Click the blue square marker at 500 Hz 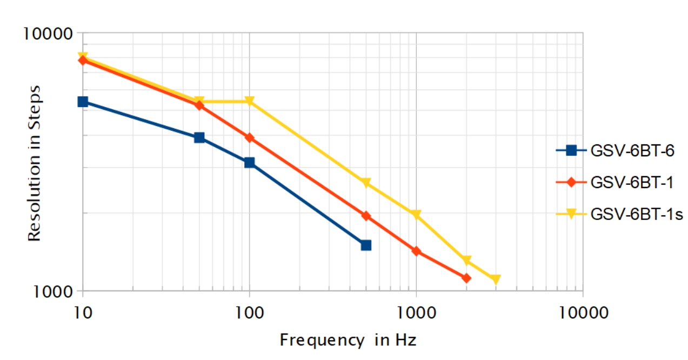[x=366, y=245]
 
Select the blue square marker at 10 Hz [x=83, y=102]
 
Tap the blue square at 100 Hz [x=249, y=163]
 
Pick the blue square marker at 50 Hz [x=199, y=138]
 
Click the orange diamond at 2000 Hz [x=466, y=278]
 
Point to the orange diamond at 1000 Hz [x=416, y=251]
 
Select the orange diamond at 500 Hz [x=366, y=216]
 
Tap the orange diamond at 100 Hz [x=249, y=138]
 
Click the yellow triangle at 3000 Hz [x=496, y=279]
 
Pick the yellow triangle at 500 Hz [x=366, y=183]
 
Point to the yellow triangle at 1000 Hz [x=416, y=215]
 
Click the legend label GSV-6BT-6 [x=632, y=151]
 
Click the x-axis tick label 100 [x=249, y=312]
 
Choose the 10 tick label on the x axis [x=83, y=312]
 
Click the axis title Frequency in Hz [x=349, y=341]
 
